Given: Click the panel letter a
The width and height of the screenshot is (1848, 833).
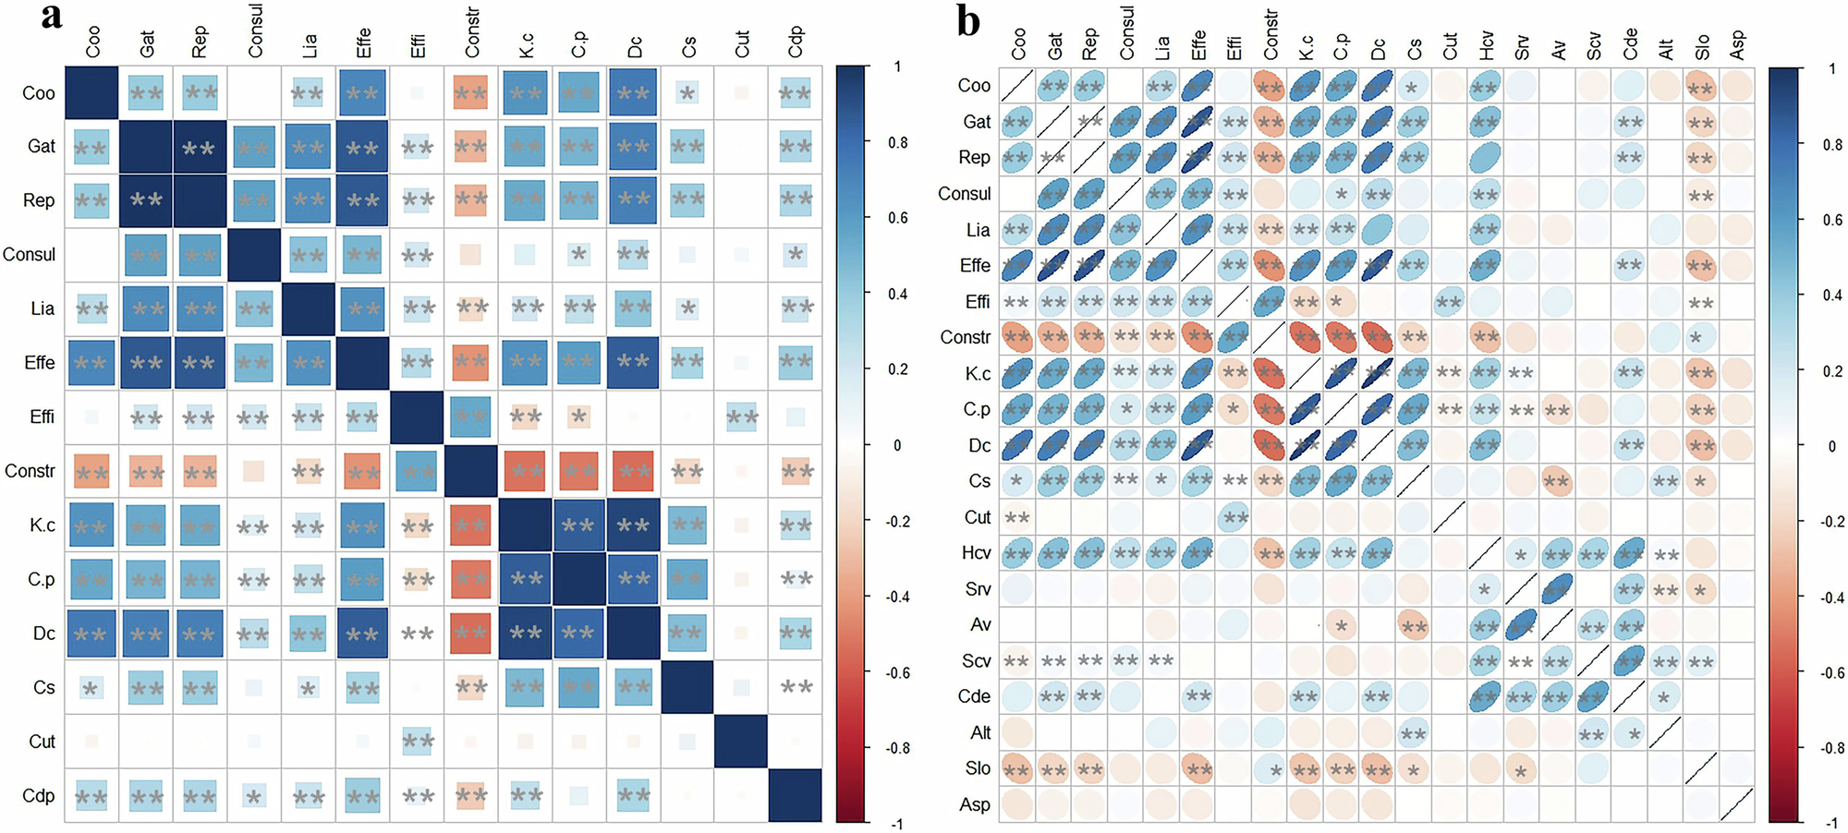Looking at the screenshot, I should point(52,17).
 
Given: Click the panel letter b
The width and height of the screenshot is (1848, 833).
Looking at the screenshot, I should point(967,20).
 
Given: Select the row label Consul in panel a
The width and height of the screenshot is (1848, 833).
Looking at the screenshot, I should point(30,254).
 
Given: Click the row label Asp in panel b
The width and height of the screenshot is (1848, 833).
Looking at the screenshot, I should point(974,804).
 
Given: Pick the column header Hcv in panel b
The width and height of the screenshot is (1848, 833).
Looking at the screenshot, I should point(1486,44).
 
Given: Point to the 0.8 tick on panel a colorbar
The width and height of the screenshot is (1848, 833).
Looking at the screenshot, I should point(897,142).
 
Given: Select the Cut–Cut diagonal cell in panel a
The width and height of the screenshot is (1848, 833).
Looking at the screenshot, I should point(742,741).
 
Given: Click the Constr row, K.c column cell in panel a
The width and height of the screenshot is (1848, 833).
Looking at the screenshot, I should point(526,471).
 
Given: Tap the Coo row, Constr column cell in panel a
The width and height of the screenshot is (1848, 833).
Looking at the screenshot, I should point(471,92).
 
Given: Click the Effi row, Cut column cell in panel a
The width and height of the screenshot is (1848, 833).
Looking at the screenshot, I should point(742,416).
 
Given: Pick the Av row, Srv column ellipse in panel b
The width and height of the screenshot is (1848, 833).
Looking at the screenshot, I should point(1521,624).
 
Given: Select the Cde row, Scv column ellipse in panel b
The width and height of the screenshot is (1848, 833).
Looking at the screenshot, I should point(1593,696).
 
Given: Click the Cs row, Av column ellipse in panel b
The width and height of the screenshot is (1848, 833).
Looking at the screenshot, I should point(1557,480).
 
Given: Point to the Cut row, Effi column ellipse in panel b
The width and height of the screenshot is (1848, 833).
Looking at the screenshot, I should point(1234,517).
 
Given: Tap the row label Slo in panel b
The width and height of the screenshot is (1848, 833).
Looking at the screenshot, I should point(978,768).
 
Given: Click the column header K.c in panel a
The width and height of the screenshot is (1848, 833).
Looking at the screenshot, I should point(526,44).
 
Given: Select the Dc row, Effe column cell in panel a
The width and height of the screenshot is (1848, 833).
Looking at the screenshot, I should point(362,634).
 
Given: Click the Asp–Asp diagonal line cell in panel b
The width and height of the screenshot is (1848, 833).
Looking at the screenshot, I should point(1737,804).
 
